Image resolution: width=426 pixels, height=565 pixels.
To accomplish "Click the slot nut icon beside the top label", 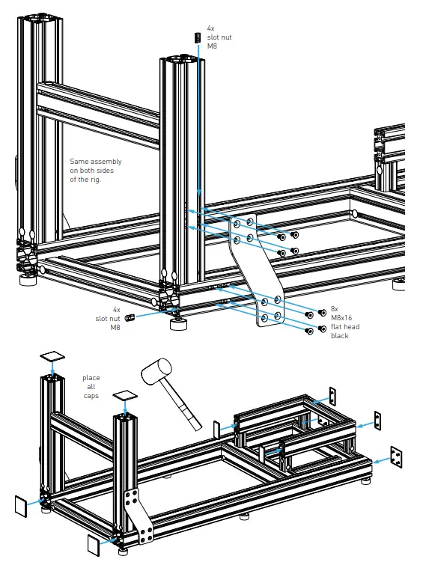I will [x=198, y=37].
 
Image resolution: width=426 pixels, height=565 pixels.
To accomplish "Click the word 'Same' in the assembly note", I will [x=79, y=161].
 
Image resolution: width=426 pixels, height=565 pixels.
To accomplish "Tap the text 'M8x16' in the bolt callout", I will [x=341, y=317].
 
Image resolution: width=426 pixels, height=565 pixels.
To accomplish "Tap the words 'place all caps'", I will [x=91, y=386].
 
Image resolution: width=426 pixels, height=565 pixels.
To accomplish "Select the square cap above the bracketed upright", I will [x=126, y=394].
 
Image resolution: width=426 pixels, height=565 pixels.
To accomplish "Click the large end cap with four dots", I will [x=396, y=455].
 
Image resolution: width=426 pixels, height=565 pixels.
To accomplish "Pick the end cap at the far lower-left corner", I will [x=20, y=505].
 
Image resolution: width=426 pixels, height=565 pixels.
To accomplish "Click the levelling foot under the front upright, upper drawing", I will [x=178, y=324].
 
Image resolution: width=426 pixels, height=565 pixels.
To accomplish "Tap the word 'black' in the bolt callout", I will [x=340, y=336].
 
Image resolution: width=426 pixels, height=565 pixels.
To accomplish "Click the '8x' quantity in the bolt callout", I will [x=334, y=308].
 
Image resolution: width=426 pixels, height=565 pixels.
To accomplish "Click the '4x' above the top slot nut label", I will [x=211, y=28].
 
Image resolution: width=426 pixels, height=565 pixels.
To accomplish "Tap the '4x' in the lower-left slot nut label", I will [x=116, y=309].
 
